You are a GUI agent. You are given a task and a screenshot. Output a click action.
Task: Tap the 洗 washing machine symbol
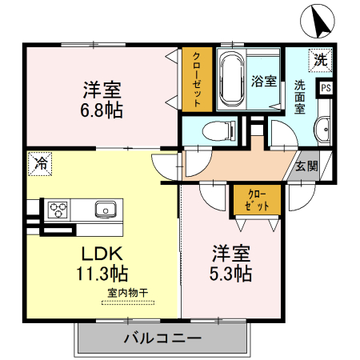[320, 58]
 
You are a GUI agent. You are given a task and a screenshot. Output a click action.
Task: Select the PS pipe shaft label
[326, 89]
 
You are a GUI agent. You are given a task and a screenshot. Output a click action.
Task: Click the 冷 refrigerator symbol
[39, 164]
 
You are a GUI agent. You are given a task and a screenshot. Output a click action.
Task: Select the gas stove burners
[58, 210]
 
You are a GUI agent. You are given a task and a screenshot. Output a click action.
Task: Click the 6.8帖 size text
[101, 110]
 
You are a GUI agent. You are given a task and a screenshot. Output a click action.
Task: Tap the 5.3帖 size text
[231, 274]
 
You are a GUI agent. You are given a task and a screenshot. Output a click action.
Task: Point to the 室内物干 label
[129, 293]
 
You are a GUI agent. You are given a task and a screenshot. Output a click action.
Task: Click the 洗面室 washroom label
[300, 95]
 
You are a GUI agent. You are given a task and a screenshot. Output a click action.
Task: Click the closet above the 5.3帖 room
[256, 200]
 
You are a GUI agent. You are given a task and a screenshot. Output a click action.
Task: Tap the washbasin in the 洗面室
[322, 130]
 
